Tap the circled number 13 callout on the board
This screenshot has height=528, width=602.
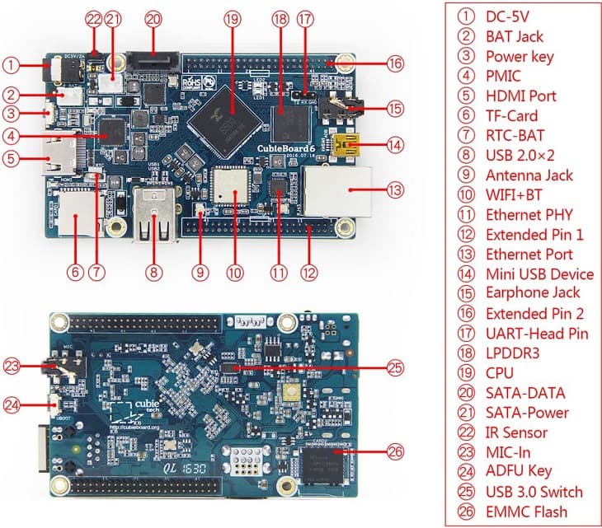click(393, 189)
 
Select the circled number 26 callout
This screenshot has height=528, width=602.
click(394, 451)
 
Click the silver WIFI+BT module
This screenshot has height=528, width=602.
click(234, 188)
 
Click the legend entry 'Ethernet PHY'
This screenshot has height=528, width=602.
click(528, 214)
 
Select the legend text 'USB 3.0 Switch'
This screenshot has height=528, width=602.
click(534, 492)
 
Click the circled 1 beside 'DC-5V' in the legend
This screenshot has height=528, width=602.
click(466, 16)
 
